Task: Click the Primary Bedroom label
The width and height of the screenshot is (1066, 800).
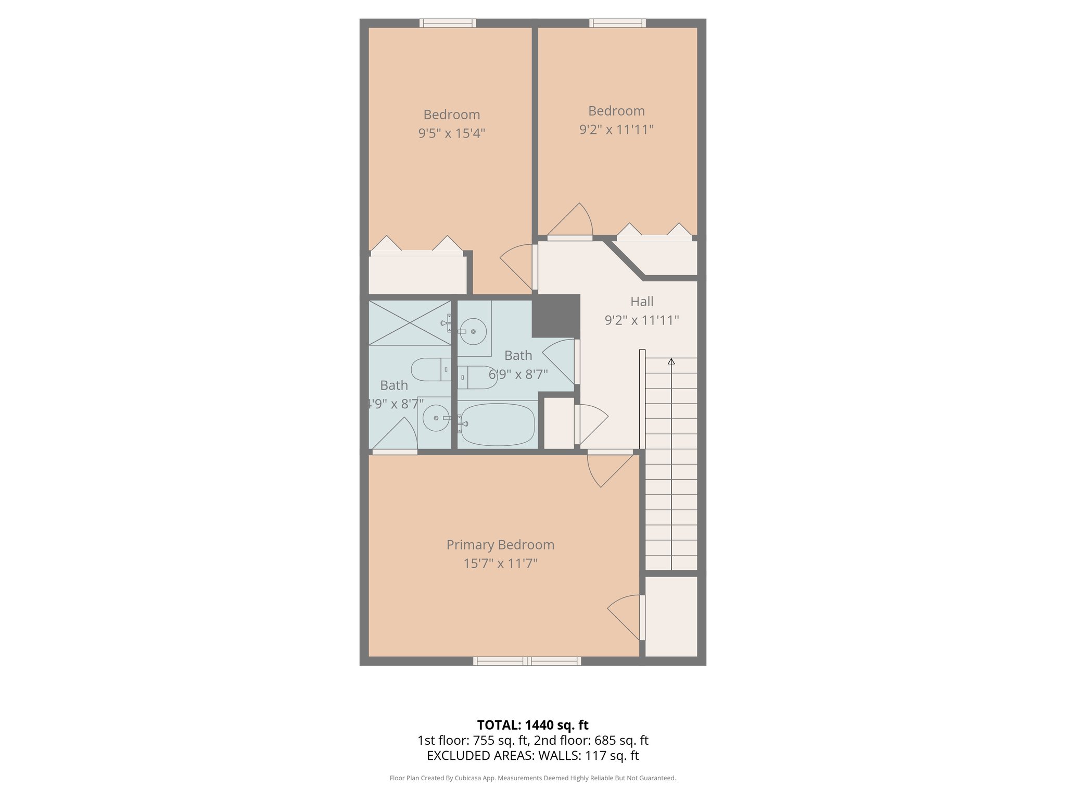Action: pyautogui.click(x=500, y=545)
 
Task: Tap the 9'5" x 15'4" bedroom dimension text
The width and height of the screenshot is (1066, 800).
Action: pyautogui.click(x=451, y=133)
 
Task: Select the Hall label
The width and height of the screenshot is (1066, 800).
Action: pyautogui.click(x=641, y=302)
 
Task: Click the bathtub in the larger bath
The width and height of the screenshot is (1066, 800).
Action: pyautogui.click(x=498, y=424)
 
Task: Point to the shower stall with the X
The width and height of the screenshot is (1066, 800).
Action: pyautogui.click(x=410, y=323)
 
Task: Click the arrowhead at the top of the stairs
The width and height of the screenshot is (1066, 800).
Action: pyautogui.click(x=671, y=361)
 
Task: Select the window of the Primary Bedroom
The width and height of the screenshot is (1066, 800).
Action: pyautogui.click(x=527, y=661)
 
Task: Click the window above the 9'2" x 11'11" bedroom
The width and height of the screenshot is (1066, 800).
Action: pyautogui.click(x=617, y=23)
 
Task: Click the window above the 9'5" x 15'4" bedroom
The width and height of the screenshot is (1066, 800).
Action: pyautogui.click(x=448, y=23)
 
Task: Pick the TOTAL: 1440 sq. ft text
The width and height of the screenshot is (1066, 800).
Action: pyautogui.click(x=532, y=725)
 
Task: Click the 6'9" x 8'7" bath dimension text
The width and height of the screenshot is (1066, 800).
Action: pyautogui.click(x=518, y=374)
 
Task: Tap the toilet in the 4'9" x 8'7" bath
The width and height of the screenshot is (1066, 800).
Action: pyautogui.click(x=430, y=370)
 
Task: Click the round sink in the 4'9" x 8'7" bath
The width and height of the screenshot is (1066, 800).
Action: pyautogui.click(x=436, y=418)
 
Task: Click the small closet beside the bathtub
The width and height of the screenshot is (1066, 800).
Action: pyautogui.click(x=559, y=423)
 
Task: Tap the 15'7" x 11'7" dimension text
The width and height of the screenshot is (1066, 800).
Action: pyautogui.click(x=500, y=564)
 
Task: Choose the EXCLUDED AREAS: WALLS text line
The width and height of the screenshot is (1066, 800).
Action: pyautogui.click(x=532, y=756)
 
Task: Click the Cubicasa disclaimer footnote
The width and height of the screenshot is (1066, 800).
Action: pyautogui.click(x=532, y=778)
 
